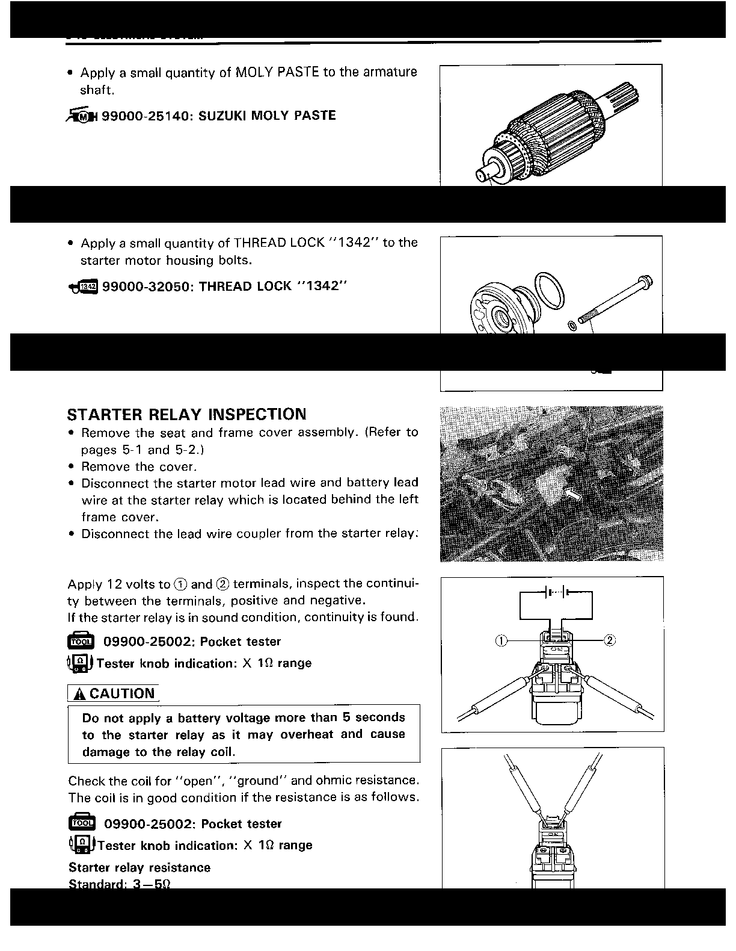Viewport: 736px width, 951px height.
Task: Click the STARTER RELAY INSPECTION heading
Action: (x=186, y=414)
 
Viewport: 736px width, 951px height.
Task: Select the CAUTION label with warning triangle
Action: (x=114, y=693)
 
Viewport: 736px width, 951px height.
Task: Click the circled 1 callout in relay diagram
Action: (x=500, y=640)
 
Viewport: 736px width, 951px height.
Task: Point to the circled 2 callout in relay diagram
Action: (x=609, y=640)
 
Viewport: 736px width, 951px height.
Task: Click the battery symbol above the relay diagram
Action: (x=555, y=592)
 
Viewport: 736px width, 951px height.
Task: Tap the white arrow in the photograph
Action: (x=574, y=495)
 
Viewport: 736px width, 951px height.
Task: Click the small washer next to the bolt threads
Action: (x=572, y=326)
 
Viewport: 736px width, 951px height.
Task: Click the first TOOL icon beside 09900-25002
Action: (x=81, y=642)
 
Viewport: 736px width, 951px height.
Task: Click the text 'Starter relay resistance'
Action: (x=140, y=867)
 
